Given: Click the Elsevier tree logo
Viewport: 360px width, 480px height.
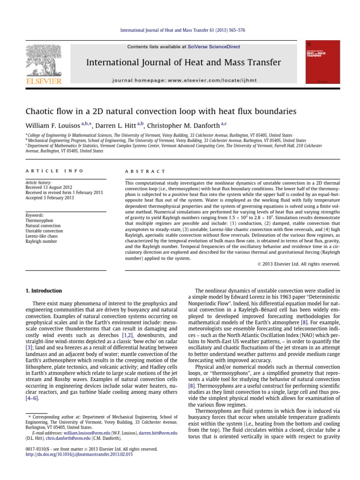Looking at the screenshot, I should (44, 61).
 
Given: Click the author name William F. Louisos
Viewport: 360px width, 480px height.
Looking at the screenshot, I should (52, 125).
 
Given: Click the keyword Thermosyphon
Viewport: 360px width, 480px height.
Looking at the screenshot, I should (38, 220).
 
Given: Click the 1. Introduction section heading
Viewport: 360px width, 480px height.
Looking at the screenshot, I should (43, 291).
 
